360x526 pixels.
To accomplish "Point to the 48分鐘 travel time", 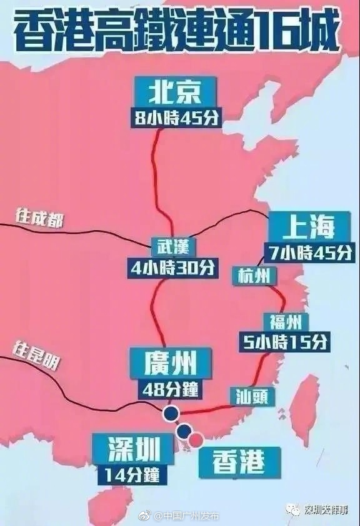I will pyautogui.click(x=171, y=388).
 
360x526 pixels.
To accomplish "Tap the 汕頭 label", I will pyautogui.click(x=252, y=395).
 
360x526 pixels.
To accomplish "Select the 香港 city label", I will pyautogui.click(x=238, y=462).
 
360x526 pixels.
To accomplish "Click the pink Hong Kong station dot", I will pyautogui.click(x=196, y=440).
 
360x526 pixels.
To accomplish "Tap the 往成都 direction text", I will pyautogui.click(x=40, y=218).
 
